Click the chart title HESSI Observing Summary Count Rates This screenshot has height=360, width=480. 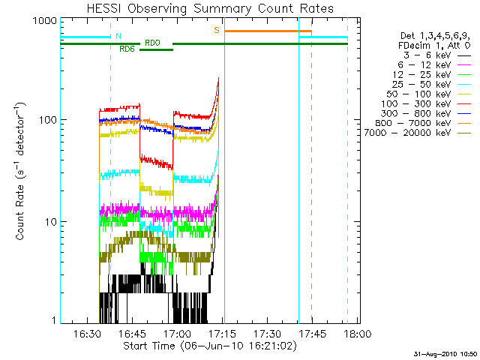[210, 8]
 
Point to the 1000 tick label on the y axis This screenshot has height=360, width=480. [45, 21]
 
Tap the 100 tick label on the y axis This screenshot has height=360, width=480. [48, 120]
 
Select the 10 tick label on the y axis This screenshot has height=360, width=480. [51, 222]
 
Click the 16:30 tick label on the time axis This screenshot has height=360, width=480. [87, 333]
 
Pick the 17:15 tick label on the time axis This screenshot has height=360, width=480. [222, 333]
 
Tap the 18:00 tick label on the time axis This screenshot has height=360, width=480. [358, 333]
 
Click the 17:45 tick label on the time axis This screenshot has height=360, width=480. [312, 333]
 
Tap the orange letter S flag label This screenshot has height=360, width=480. [217, 30]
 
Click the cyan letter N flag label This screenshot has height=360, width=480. [118, 36]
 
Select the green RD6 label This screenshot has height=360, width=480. [127, 49]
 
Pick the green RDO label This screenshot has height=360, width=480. [152, 43]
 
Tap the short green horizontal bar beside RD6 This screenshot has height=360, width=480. [157, 50]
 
